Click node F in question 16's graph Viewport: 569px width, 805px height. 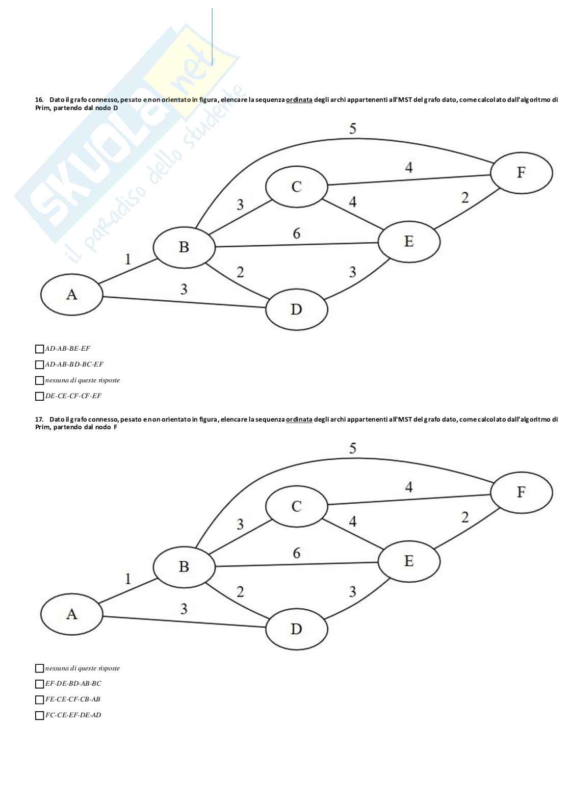pyautogui.click(x=521, y=172)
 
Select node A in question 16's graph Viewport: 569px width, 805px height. pyautogui.click(x=72, y=295)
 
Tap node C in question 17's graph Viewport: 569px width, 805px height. pyautogui.click(x=296, y=506)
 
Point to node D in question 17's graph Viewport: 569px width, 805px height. pyautogui.click(x=296, y=629)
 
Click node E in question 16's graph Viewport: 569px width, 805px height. pyautogui.click(x=408, y=242)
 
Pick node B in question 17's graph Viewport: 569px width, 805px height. pyautogui.click(x=184, y=566)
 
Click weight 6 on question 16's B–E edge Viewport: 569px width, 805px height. pyautogui.click(x=296, y=233)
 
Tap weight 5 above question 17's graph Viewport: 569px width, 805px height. pyautogui.click(x=352, y=449)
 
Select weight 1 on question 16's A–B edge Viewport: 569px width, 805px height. pyautogui.click(x=127, y=259)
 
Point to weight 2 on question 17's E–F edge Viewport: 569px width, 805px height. pyautogui.click(x=464, y=518)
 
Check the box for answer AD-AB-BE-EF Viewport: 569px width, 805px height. pyautogui.click(x=39, y=349)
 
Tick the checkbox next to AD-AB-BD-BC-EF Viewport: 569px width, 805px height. pyautogui.click(x=39, y=365)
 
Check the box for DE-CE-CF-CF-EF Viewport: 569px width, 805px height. pyautogui.click(x=39, y=396)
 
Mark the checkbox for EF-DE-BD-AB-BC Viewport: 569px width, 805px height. pyautogui.click(x=39, y=684)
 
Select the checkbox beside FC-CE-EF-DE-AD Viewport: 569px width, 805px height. pyautogui.click(x=39, y=715)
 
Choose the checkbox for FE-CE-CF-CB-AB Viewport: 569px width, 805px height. pyautogui.click(x=39, y=699)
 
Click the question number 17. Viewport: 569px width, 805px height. pyautogui.click(x=39, y=419)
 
